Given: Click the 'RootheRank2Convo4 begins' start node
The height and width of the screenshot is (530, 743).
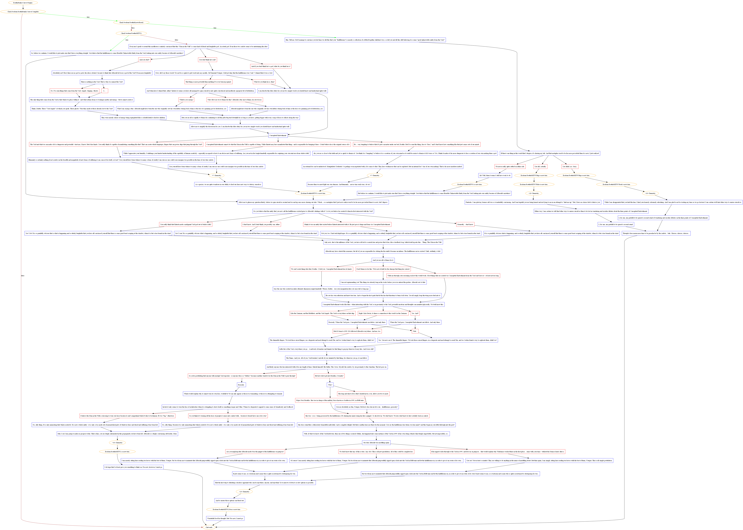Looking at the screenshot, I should coord(23,3).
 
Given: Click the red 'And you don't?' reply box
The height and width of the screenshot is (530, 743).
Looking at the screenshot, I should coord(144,60).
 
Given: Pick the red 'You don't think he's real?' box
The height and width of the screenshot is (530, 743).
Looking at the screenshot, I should coord(208,60).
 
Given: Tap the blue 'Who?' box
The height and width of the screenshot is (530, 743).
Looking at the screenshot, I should coord(330,385).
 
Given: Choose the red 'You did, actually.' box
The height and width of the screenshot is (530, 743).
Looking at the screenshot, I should coord(540,166).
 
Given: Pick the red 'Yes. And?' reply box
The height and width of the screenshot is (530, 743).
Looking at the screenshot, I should coord(415,313).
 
